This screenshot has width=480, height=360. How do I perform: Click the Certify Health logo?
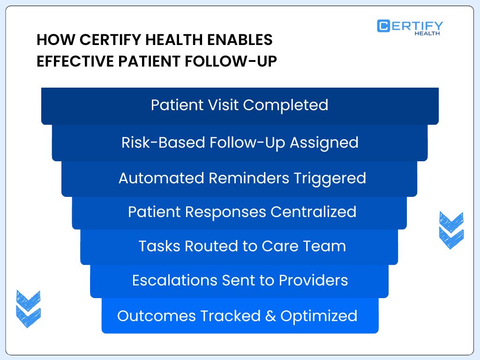[x=410, y=27]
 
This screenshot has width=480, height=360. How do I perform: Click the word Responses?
[x=226, y=212]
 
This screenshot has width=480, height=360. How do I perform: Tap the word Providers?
[x=314, y=280]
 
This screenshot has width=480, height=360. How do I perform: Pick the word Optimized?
[x=319, y=316]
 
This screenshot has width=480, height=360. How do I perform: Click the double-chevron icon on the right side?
[x=451, y=230]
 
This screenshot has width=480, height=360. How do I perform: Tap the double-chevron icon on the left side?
[x=28, y=308]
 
